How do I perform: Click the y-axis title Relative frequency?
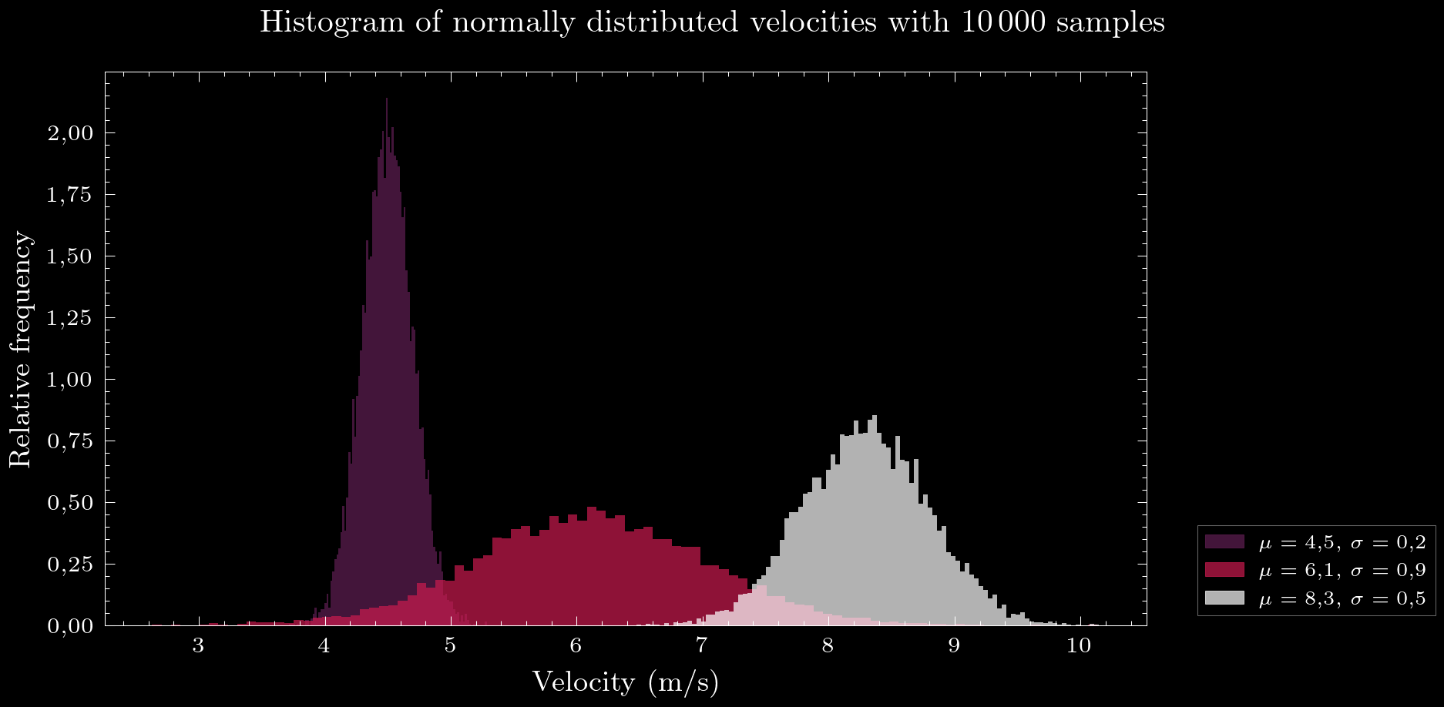point(21,349)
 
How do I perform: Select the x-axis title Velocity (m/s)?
point(625,682)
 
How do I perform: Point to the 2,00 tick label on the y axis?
point(70,133)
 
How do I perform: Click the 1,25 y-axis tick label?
point(70,318)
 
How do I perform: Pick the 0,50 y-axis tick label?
point(70,503)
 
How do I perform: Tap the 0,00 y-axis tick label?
point(70,626)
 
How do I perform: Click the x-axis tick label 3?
point(199,645)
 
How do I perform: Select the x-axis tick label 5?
point(450,645)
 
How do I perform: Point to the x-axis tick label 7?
point(701,645)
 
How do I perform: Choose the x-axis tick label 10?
point(1079,645)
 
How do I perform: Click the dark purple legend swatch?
point(1224,541)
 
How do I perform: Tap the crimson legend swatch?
point(1224,570)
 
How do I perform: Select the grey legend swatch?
point(1224,598)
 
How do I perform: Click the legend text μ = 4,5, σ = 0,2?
point(1342,542)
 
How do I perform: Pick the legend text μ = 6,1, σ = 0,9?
point(1342,571)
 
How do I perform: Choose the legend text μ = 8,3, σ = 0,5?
point(1342,598)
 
